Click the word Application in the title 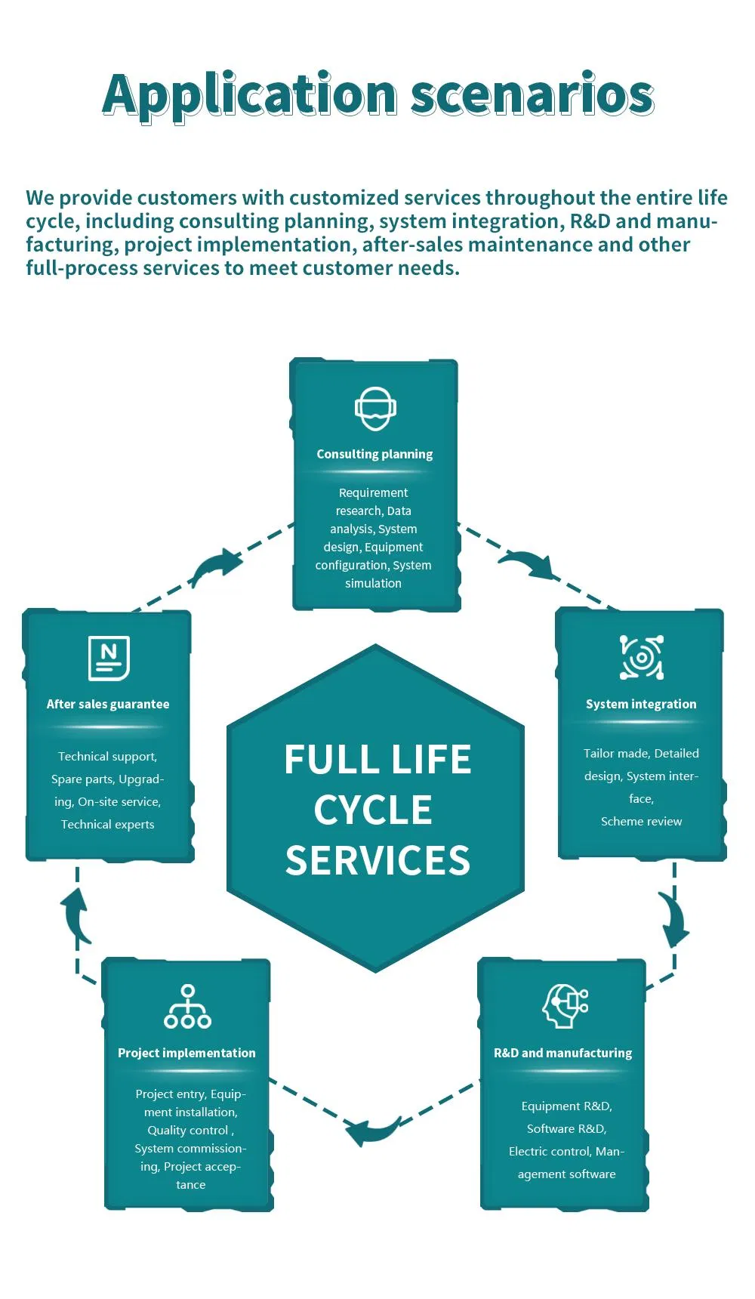pos(250,96)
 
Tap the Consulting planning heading pos(374,454)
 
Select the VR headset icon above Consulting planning pos(375,409)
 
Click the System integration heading pos(641,704)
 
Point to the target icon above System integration pos(641,657)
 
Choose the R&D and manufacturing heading pos(562,1053)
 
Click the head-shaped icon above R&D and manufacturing pos(565,1005)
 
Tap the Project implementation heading pos(186,1053)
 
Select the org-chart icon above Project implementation pos(187,1006)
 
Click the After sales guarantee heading pos(108,704)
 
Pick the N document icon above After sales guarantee pos(109,658)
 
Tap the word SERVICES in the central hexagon pos(377,861)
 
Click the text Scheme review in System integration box pos(641,822)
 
